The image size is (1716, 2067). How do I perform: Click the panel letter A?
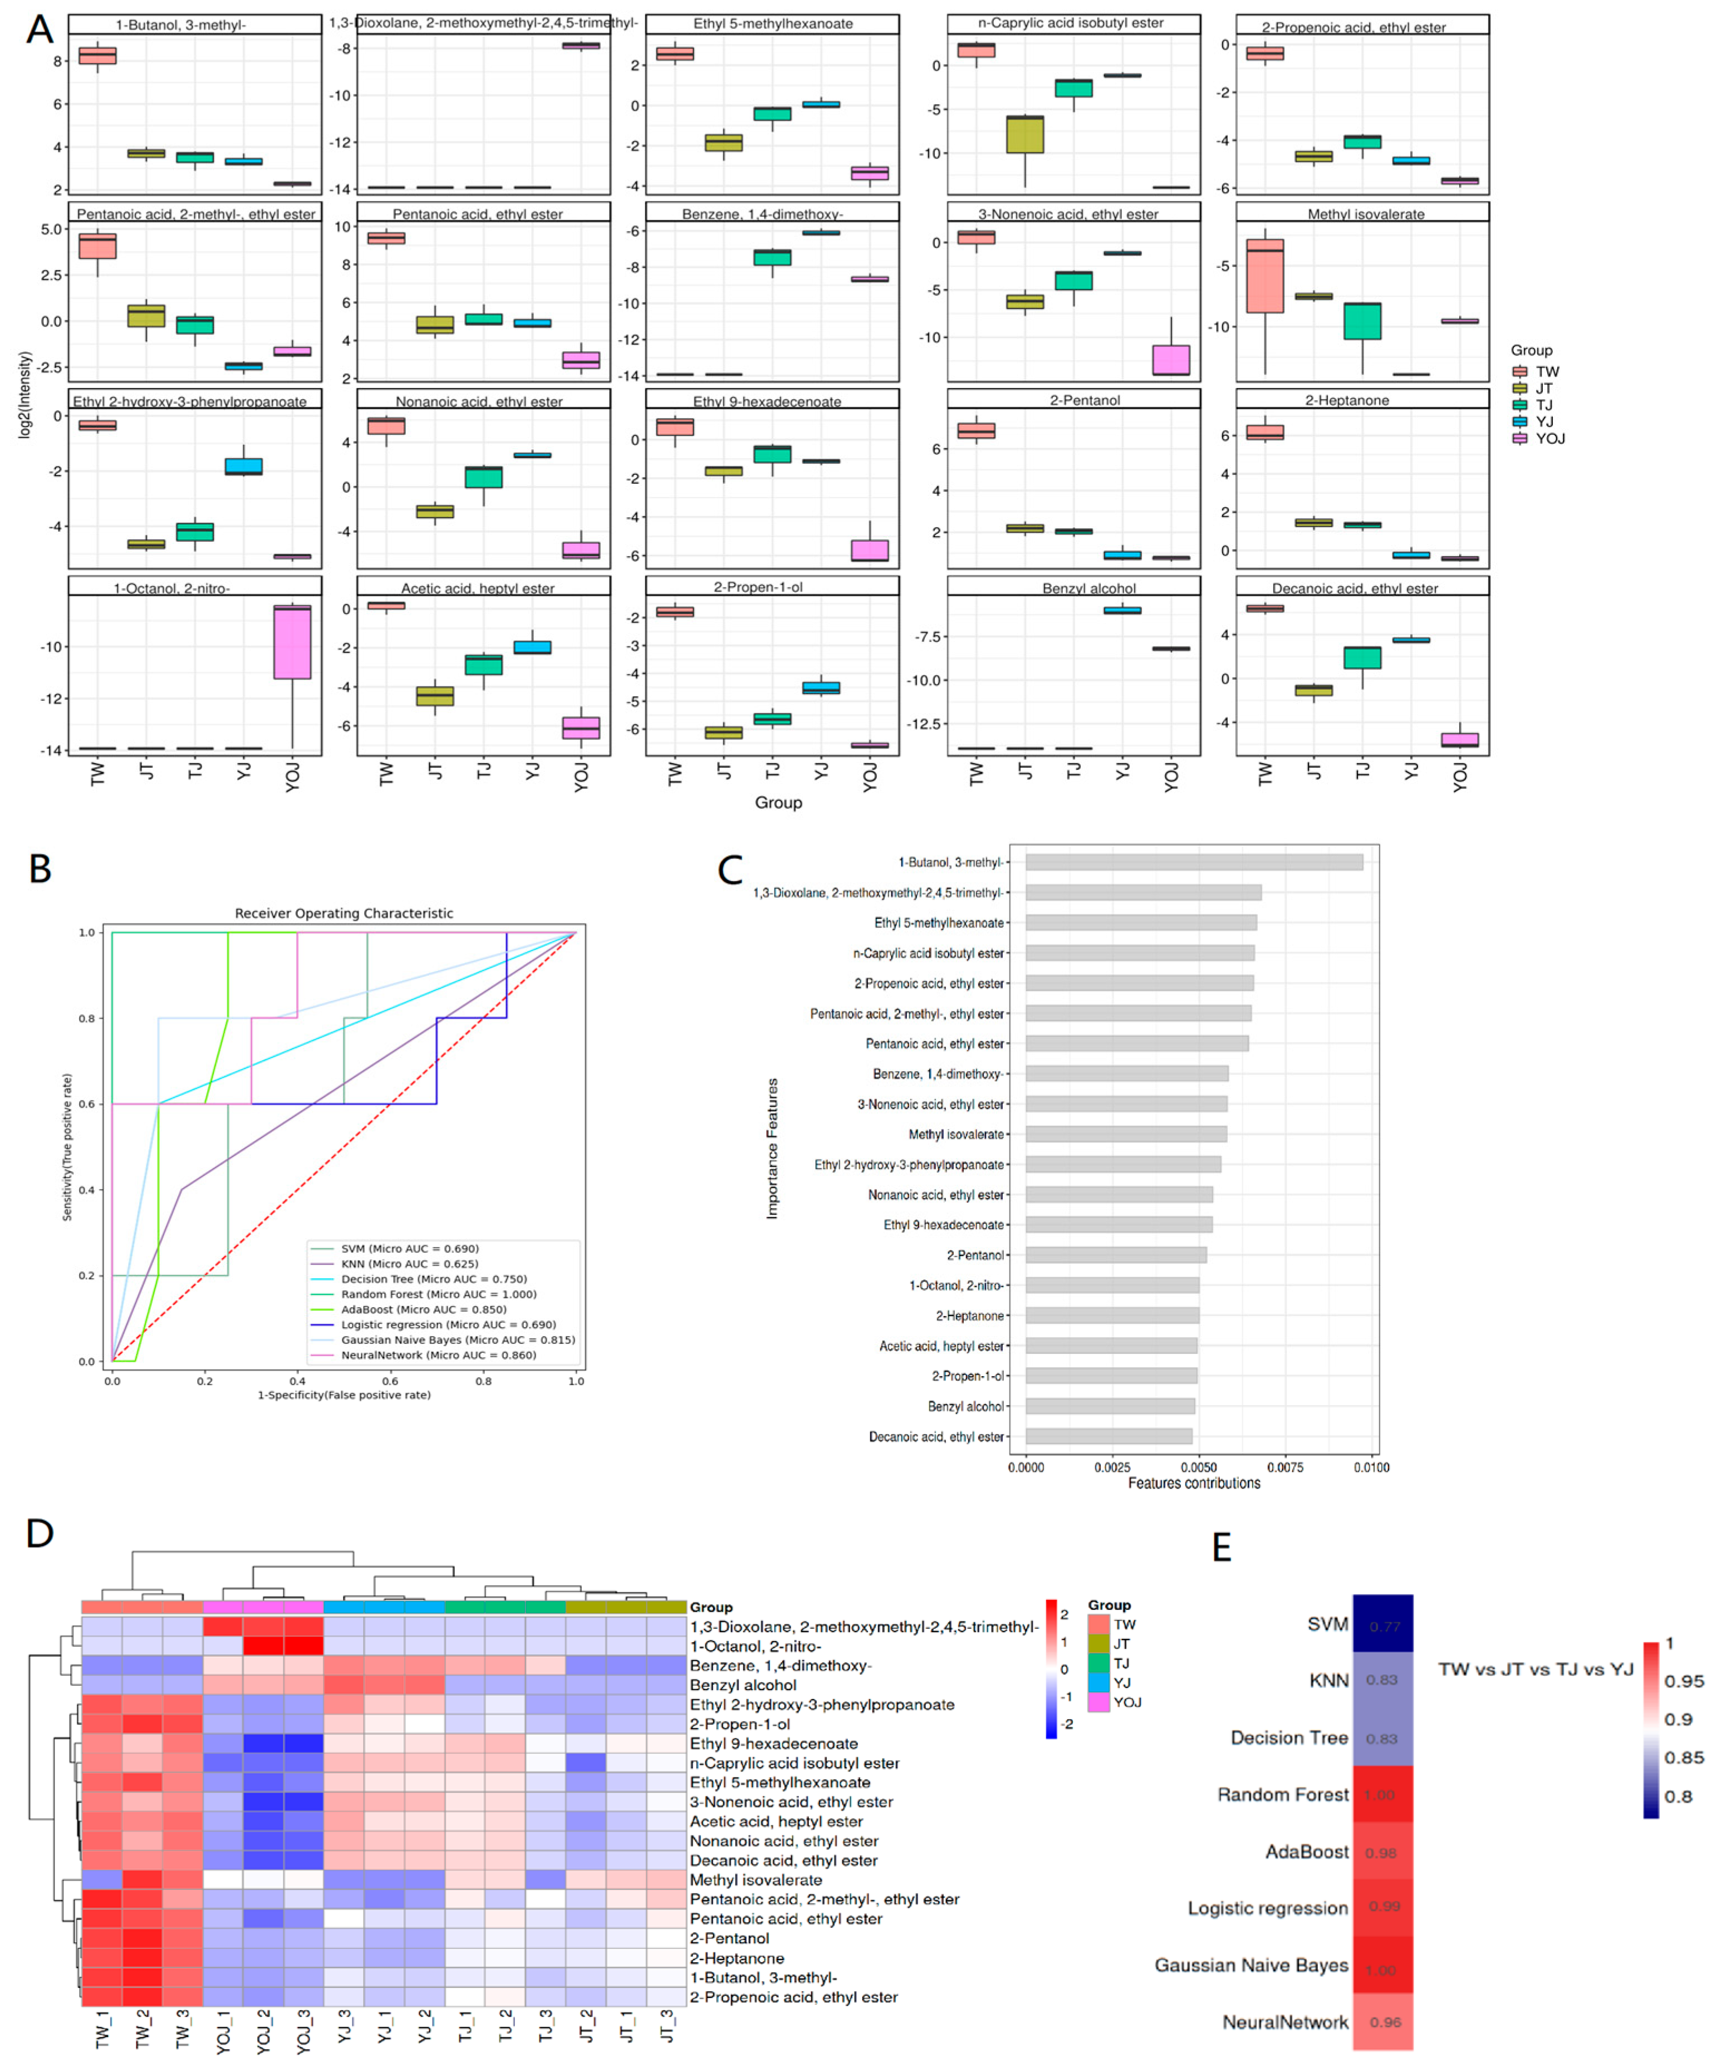click(40, 30)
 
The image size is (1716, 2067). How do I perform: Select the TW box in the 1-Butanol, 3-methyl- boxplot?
click(97, 55)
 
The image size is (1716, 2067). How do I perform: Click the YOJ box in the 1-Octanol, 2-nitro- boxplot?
click(292, 642)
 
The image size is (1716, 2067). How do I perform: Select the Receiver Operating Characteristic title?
click(344, 914)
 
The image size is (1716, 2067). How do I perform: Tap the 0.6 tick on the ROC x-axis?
click(390, 1381)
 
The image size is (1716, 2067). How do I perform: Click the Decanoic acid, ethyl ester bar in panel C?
click(1109, 1436)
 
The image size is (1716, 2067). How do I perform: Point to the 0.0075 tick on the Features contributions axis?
click(1285, 1467)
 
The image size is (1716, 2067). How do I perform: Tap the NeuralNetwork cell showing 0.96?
click(1382, 2022)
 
